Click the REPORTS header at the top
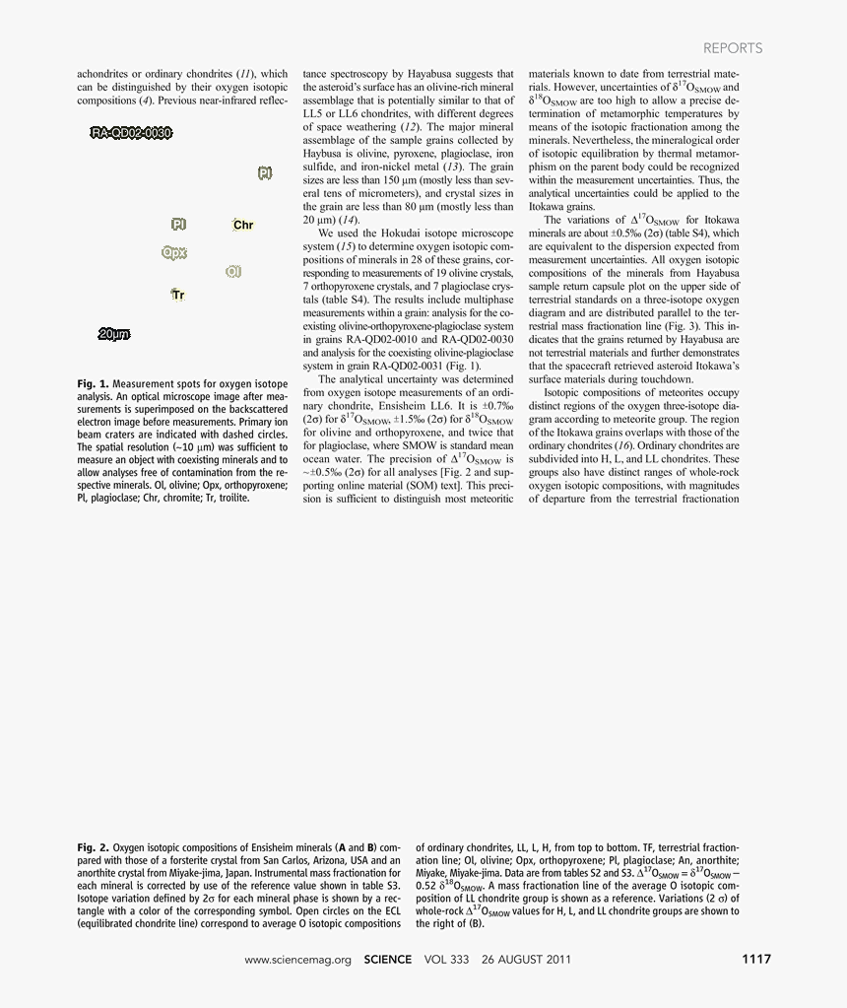[732, 48]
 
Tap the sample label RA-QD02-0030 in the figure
[132, 133]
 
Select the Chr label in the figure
[243, 226]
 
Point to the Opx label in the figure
[174, 253]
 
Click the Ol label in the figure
[233, 271]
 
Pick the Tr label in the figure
[178, 295]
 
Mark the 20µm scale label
[114, 335]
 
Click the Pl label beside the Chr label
[179, 225]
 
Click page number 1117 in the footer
[755, 959]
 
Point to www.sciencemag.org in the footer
[297, 959]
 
